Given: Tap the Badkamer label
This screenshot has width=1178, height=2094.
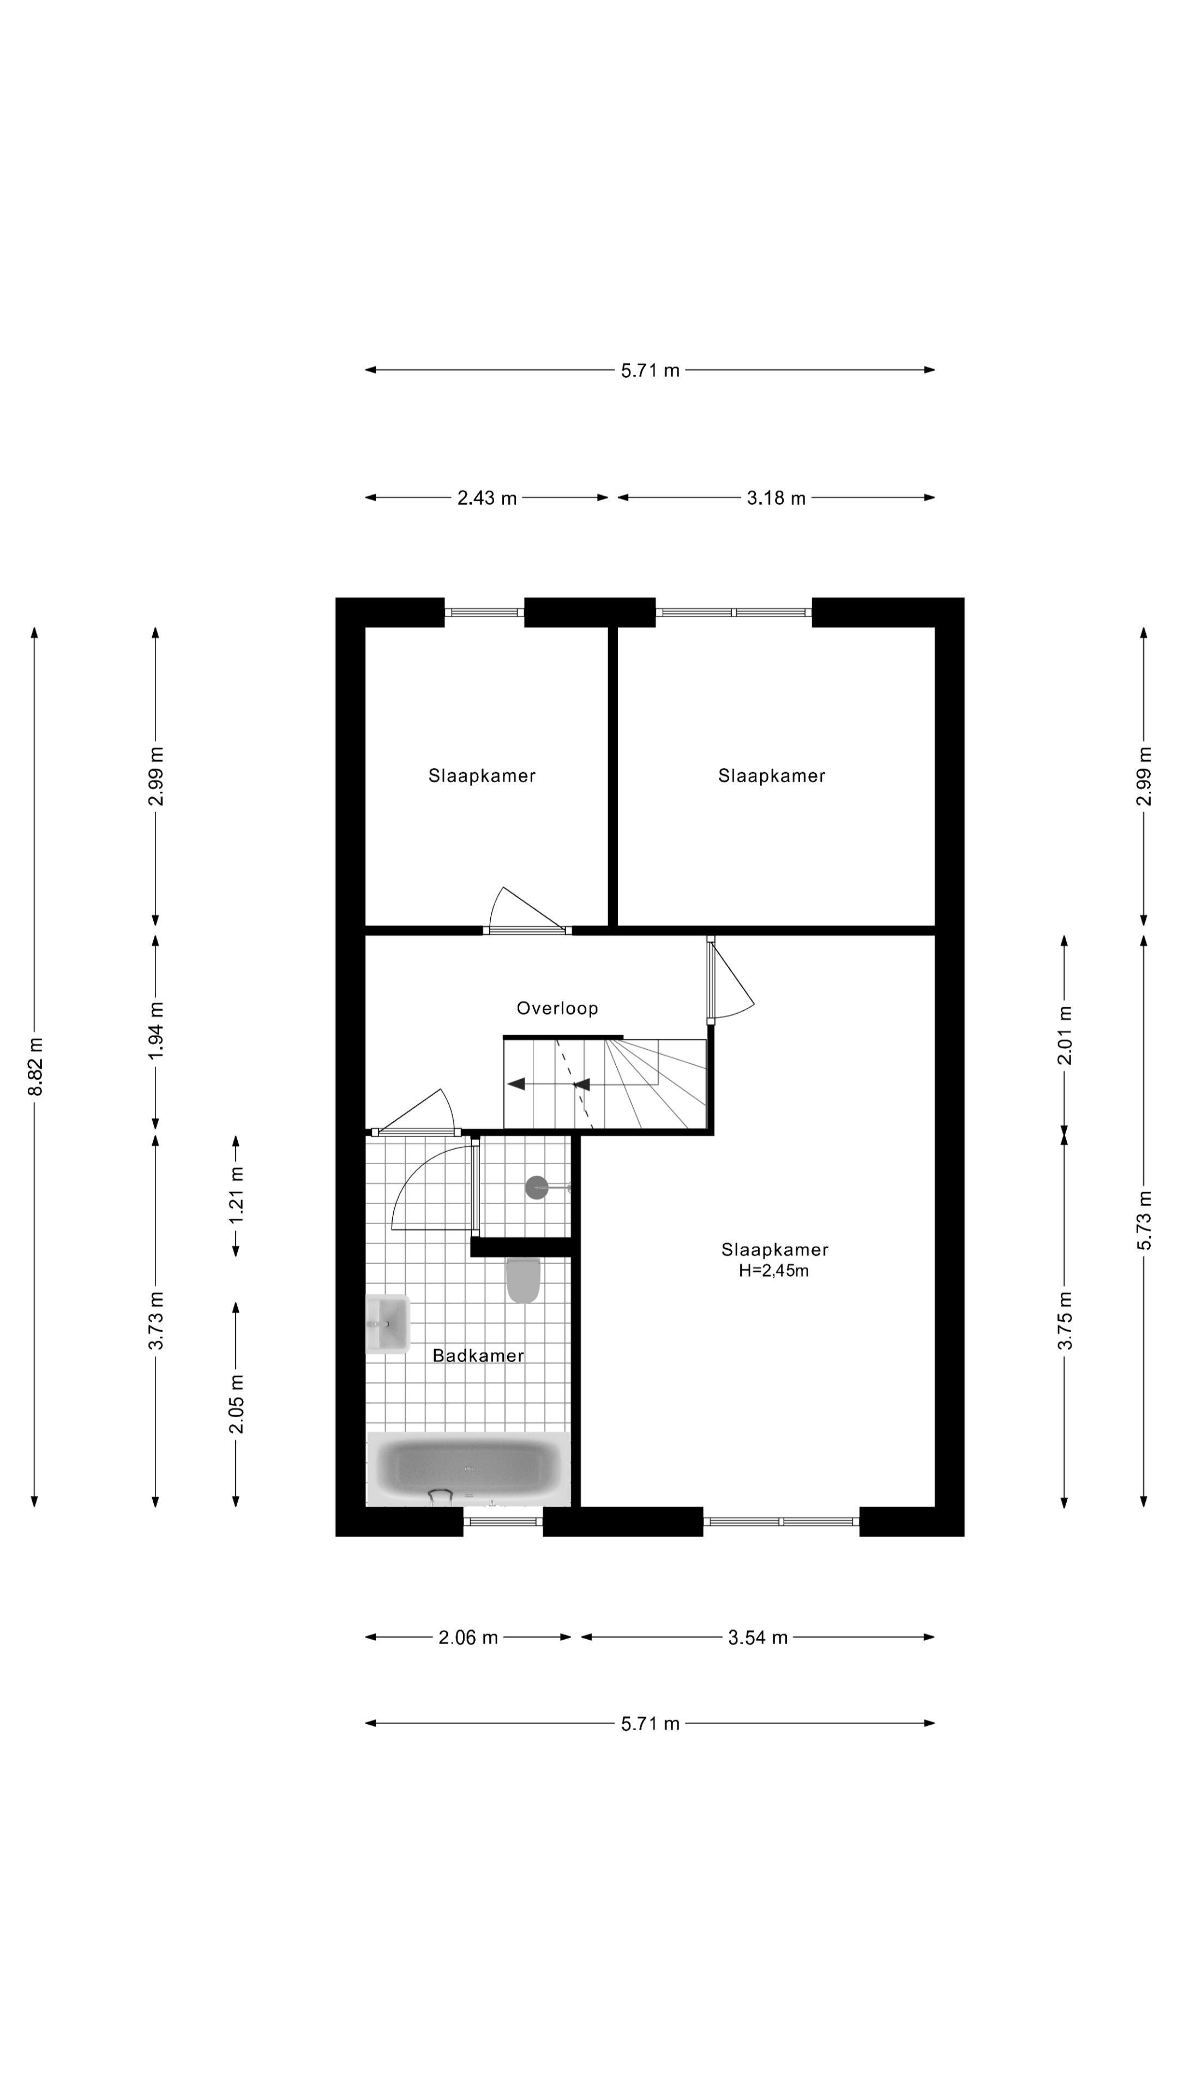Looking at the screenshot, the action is [478, 1355].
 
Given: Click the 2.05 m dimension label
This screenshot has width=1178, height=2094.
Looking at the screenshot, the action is [236, 1404].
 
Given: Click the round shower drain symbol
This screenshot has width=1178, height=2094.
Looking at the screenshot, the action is [537, 1188].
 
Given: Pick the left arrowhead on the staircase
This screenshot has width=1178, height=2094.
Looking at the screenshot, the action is [515, 1084].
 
